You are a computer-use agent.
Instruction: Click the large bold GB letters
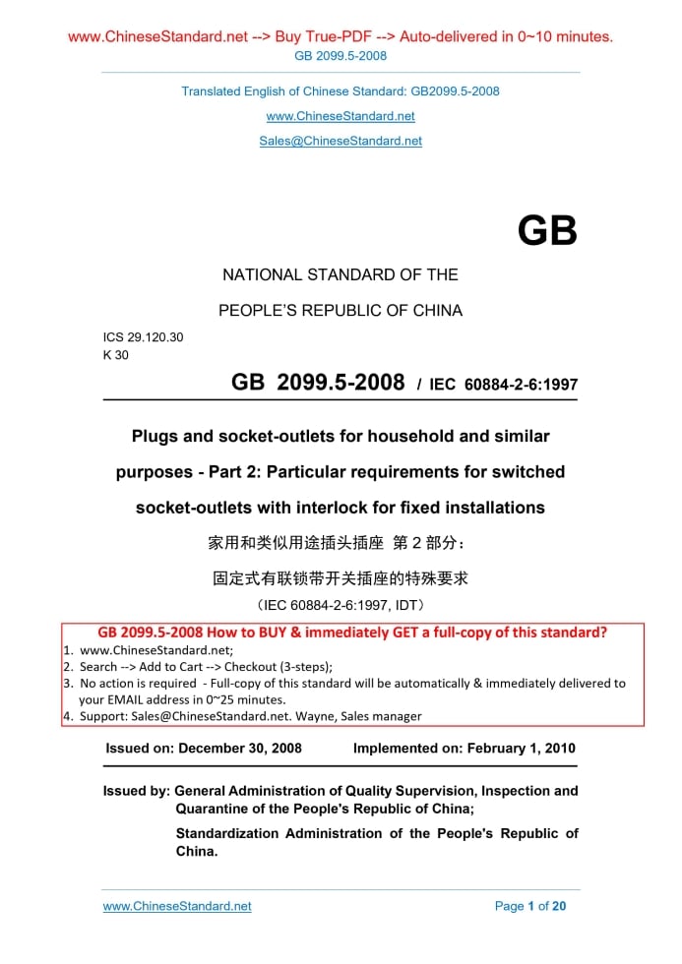(x=547, y=231)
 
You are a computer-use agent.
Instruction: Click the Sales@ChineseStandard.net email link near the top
(x=341, y=141)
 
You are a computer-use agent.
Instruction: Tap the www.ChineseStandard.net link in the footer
(x=177, y=906)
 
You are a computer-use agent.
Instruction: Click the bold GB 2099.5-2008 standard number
(x=318, y=383)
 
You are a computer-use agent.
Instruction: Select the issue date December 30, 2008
(x=240, y=748)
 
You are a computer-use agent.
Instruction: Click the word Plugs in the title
(x=156, y=436)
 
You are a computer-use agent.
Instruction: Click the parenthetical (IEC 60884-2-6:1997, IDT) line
(x=341, y=604)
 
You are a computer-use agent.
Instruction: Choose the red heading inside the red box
(x=352, y=633)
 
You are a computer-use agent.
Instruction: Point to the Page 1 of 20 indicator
(x=530, y=906)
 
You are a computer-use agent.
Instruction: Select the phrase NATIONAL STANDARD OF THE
(x=341, y=274)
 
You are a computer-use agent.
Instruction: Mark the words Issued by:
(x=136, y=791)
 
